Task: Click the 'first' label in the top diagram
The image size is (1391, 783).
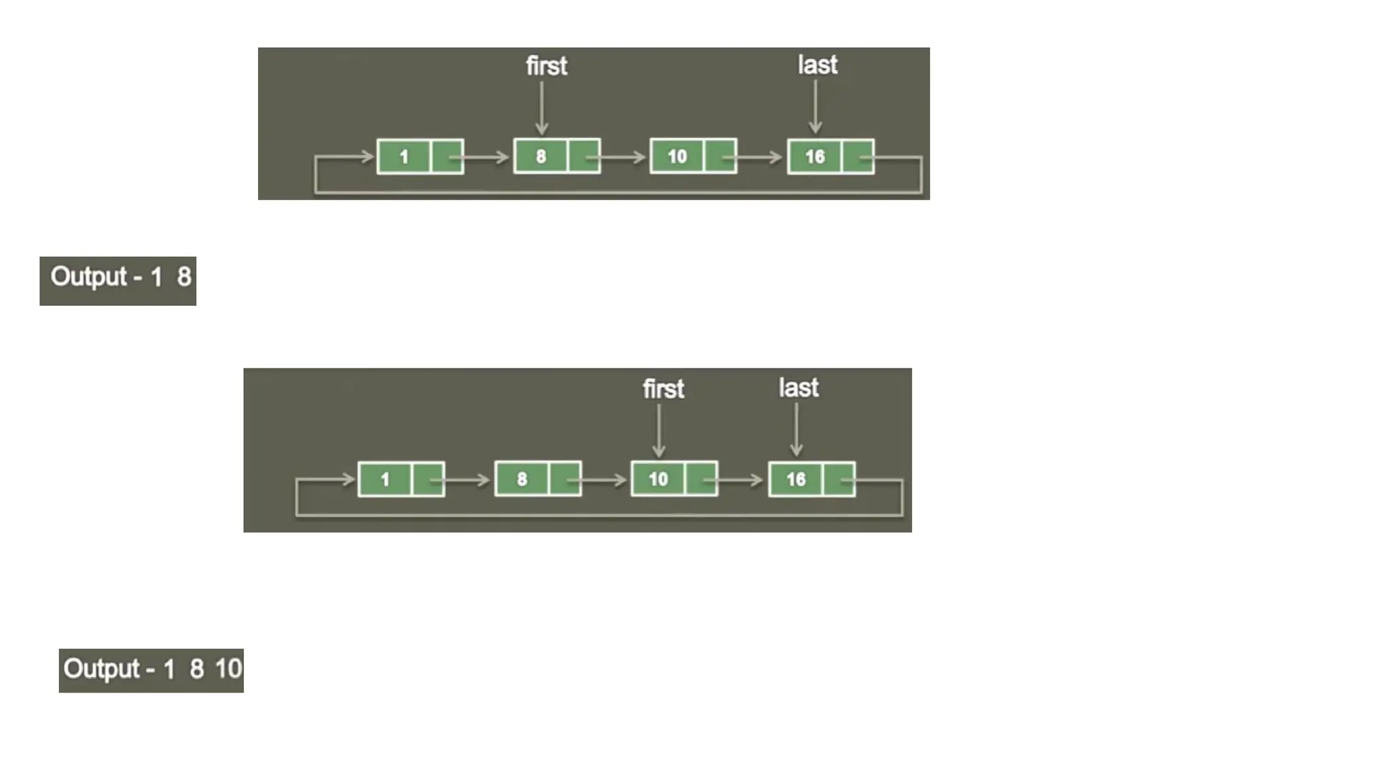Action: point(546,66)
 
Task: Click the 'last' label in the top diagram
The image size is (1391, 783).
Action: point(817,65)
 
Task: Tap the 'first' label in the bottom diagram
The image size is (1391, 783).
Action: point(663,389)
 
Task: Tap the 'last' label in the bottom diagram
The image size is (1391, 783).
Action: point(798,388)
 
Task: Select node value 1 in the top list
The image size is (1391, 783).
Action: point(403,157)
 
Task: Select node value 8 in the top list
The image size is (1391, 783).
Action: point(541,156)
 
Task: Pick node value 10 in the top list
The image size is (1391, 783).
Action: point(677,156)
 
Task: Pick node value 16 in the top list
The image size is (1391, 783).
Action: point(814,157)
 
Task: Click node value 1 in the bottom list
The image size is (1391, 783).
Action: point(384,479)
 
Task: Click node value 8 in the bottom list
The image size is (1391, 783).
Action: point(522,479)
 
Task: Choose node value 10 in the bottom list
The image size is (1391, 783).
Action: point(658,479)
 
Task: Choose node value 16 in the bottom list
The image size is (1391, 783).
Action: point(795,479)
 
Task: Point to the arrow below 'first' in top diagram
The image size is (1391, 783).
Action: point(541,107)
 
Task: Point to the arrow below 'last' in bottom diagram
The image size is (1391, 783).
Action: point(796,430)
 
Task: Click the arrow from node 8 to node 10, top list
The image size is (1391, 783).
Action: point(618,158)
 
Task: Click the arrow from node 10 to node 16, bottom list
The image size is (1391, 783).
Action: point(737,480)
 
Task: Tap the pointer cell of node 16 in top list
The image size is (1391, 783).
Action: point(858,157)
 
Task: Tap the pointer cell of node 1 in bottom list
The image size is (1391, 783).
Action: point(429,479)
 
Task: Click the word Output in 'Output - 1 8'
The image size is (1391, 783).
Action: point(88,277)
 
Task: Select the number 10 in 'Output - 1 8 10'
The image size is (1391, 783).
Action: point(228,669)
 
